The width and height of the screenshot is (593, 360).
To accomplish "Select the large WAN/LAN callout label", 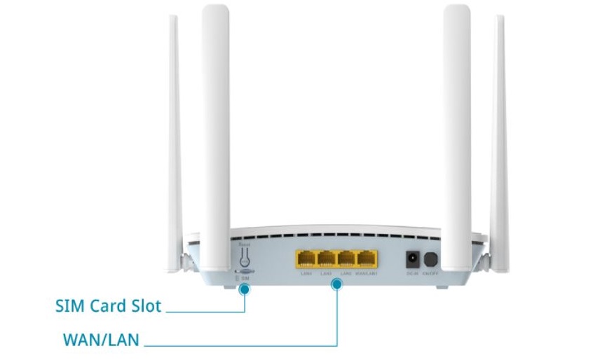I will pos(101,340).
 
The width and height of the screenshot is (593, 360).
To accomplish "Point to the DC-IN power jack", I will pos(412,259).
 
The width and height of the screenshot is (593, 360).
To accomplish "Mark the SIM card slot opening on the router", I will pos(245,270).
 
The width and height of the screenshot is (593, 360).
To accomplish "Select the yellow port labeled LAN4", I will pos(306,259).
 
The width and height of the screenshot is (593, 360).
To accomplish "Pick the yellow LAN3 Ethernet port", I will pos(326,259).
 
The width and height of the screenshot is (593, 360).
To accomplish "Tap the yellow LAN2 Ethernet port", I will pos(346,259).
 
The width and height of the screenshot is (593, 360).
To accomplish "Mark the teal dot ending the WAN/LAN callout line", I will pos(337,284).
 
